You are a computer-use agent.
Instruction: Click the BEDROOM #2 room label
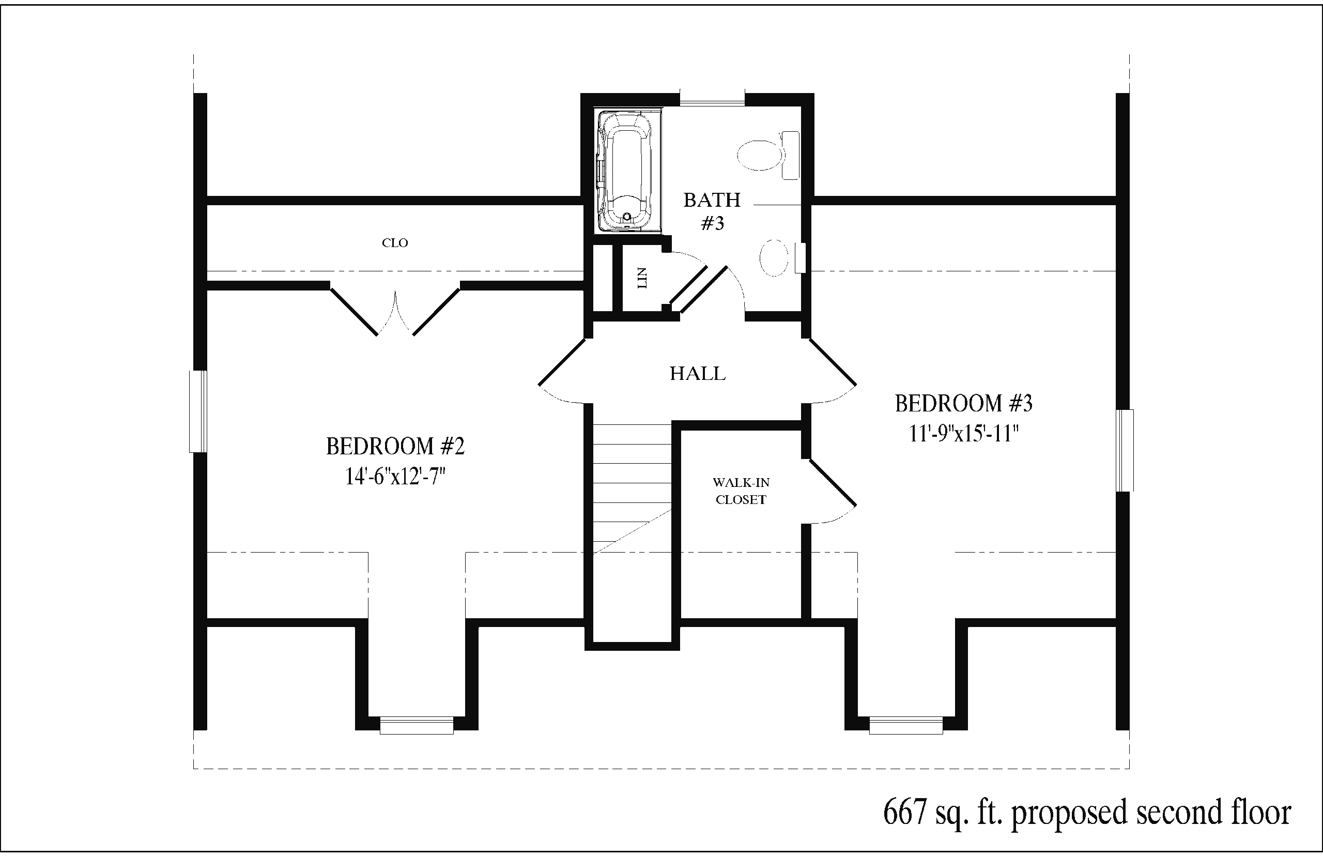(x=395, y=446)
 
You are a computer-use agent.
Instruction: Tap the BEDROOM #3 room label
(x=963, y=404)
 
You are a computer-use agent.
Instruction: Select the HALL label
(x=697, y=374)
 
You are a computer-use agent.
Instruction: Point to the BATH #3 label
(x=712, y=211)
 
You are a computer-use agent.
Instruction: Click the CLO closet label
(x=395, y=243)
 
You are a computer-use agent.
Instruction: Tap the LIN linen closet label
(x=642, y=278)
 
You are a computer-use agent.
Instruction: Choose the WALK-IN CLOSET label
(x=741, y=491)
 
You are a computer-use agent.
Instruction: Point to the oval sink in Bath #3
(x=774, y=258)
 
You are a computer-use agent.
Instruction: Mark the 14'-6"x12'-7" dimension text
(x=395, y=477)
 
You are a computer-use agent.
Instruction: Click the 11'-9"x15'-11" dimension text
(x=963, y=433)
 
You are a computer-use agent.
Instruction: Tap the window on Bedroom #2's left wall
(x=198, y=411)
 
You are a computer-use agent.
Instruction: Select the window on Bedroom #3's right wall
(x=1125, y=450)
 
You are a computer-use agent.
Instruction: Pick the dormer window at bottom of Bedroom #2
(x=417, y=725)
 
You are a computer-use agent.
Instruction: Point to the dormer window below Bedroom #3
(x=906, y=725)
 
